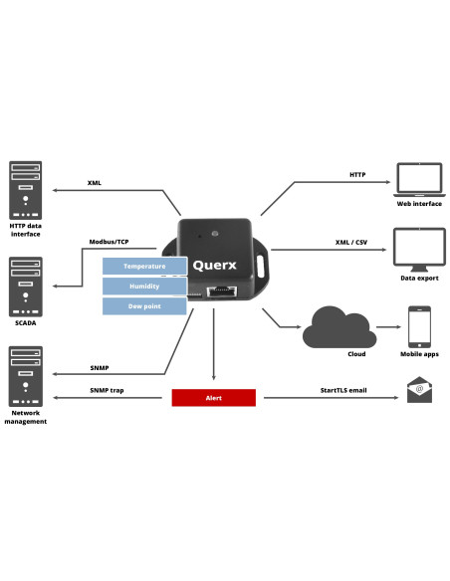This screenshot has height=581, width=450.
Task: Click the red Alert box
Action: pos(213,398)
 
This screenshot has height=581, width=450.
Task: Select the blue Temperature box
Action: pos(144,266)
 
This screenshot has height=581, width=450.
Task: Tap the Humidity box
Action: pos(144,287)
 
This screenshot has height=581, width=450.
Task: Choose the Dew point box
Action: pos(144,306)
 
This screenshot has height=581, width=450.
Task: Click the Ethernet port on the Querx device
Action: pos(222,291)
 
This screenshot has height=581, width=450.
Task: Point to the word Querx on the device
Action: pos(214,265)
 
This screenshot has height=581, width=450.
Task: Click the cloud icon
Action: pos(339,327)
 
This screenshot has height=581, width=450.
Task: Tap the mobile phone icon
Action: pos(419,326)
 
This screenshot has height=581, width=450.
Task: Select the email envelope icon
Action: pos(419,390)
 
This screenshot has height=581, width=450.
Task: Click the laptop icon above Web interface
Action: pos(419,180)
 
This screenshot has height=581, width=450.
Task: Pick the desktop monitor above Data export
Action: pos(419,250)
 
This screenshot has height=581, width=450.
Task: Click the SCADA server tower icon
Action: pos(26,287)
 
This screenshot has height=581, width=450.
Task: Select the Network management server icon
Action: pos(26,376)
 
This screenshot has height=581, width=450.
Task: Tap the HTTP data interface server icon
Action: pos(26,190)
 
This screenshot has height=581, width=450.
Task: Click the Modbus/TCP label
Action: pos(109,242)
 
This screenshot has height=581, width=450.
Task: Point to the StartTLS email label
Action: pos(343,390)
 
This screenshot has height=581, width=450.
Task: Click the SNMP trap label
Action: pos(107,390)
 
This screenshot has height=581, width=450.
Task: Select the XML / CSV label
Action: pos(351,243)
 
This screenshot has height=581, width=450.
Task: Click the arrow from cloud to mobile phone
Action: pos(388,326)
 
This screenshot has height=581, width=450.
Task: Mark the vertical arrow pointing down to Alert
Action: pos(213,344)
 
